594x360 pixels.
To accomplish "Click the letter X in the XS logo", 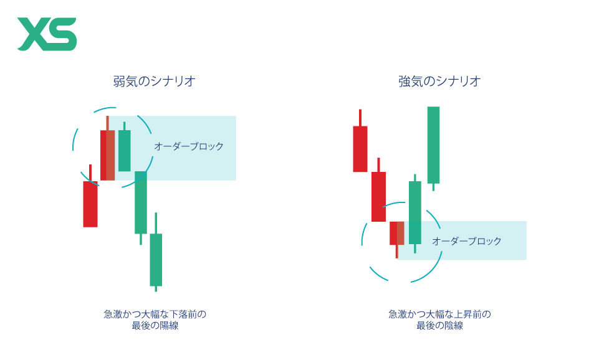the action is [x=33, y=34].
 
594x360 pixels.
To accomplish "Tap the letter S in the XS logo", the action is [x=63, y=34].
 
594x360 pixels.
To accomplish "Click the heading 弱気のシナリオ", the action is [x=154, y=81].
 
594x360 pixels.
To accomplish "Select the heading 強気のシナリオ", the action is [x=439, y=81].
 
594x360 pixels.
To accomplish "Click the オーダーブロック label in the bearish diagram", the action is [x=189, y=146].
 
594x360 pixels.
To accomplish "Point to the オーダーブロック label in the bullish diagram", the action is [x=467, y=241].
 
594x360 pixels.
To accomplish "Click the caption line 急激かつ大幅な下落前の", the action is [x=155, y=314].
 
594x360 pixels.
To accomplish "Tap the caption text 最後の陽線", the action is [x=155, y=326].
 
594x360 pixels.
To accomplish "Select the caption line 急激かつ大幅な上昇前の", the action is [x=439, y=314].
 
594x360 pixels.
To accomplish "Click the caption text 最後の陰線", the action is [x=439, y=326].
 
